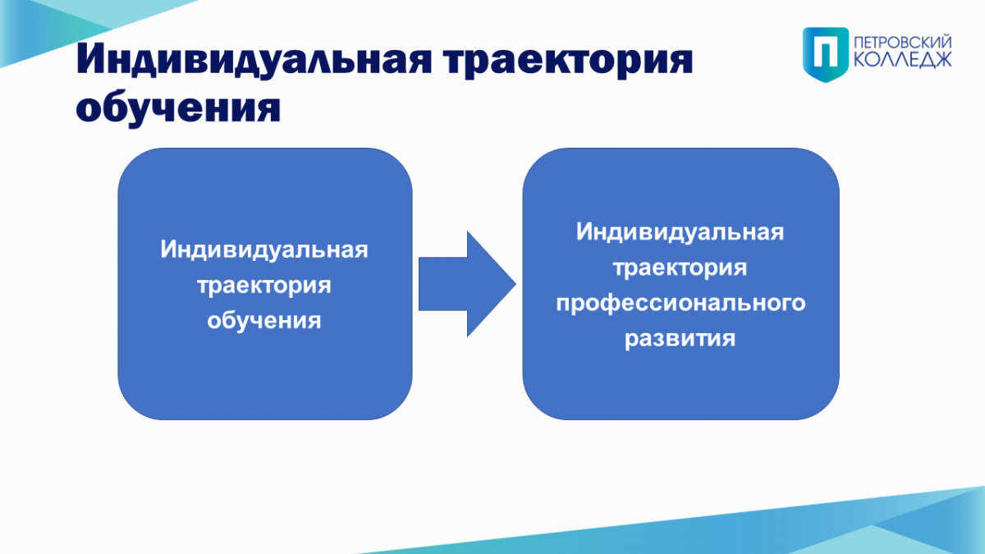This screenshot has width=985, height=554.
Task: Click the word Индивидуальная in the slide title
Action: [254, 59]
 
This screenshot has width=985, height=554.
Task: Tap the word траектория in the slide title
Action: [568, 61]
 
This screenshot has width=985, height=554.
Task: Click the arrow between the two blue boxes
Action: [467, 284]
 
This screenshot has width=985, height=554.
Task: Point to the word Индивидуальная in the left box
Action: [263, 250]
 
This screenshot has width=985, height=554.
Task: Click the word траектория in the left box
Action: [263, 286]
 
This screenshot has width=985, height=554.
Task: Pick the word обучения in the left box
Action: [263, 320]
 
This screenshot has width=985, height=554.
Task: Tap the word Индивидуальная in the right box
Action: [680, 231]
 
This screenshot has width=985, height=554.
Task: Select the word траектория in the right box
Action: [680, 268]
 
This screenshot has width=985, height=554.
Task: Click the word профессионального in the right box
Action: [680, 304]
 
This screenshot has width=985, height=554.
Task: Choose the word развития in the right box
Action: [680, 339]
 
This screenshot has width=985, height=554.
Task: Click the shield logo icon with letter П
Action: [826, 54]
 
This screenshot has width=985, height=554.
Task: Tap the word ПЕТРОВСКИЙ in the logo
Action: [903, 43]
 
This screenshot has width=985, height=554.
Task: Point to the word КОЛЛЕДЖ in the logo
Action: [903, 61]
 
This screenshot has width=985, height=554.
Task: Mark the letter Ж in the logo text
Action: [941, 61]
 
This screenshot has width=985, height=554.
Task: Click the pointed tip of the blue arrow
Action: [515, 284]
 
